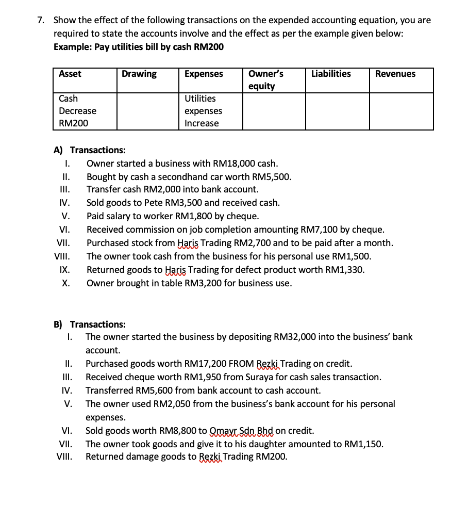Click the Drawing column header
click(x=139, y=74)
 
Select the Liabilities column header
click(x=331, y=74)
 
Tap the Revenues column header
click(x=395, y=74)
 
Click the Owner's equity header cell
click(x=265, y=79)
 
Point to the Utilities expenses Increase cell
click(x=203, y=111)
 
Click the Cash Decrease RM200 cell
click(x=77, y=111)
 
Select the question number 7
click(x=41, y=20)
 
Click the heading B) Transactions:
click(x=90, y=324)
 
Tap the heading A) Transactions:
click(x=90, y=150)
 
